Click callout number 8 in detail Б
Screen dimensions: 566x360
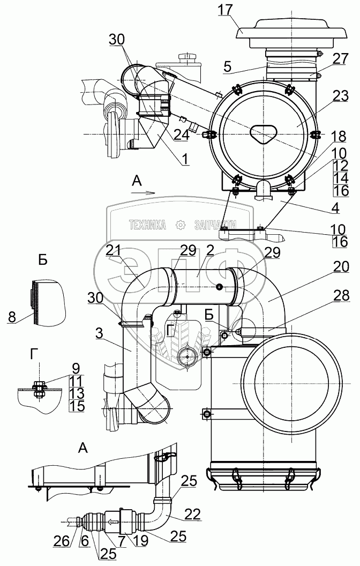click(x=12, y=317)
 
